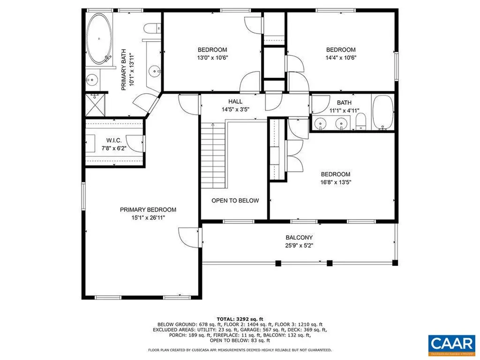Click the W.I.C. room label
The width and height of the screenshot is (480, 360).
(114, 140)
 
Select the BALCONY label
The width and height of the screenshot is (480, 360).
(299, 238)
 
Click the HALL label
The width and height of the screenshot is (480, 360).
(235, 101)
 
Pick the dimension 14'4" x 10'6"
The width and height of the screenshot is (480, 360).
(341, 58)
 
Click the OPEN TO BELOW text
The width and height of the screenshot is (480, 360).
(235, 201)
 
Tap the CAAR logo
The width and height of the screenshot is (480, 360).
(451, 343)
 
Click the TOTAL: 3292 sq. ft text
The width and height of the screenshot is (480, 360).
(240, 319)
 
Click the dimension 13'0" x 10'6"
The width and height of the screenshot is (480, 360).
(212, 58)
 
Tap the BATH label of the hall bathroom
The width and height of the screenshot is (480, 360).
(344, 103)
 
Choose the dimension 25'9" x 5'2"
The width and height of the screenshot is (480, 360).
(299, 246)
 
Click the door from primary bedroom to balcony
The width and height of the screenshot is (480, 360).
(189, 238)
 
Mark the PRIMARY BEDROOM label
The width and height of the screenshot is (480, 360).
(148, 210)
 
